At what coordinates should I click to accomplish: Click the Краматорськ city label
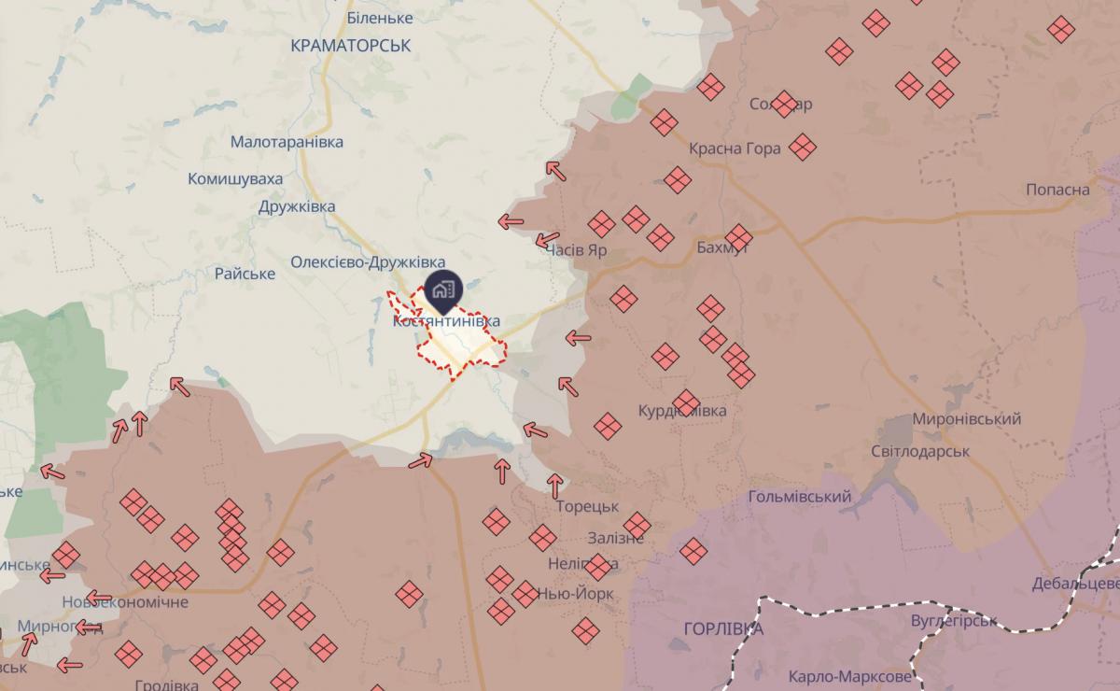[x=351, y=45]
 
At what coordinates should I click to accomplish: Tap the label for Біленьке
[x=379, y=18]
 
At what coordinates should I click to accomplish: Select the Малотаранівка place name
[x=287, y=142]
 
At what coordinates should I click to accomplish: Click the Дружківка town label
[x=298, y=206]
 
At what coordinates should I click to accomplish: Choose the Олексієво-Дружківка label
[x=368, y=262]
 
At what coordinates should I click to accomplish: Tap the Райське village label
[x=245, y=274]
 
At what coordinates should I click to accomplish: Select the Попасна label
[x=1057, y=190]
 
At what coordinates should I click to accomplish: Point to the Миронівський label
[x=966, y=420]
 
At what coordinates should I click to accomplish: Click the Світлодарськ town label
[x=920, y=451]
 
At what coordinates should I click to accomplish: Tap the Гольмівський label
[x=800, y=497]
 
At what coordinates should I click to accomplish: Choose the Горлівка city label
[x=722, y=628]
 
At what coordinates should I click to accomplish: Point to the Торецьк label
[x=587, y=506]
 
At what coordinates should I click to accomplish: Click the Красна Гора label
[x=735, y=148]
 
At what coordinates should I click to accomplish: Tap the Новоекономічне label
[x=125, y=601]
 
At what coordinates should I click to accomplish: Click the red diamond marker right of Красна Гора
[x=802, y=147]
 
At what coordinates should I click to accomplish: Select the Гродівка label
[x=166, y=684]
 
